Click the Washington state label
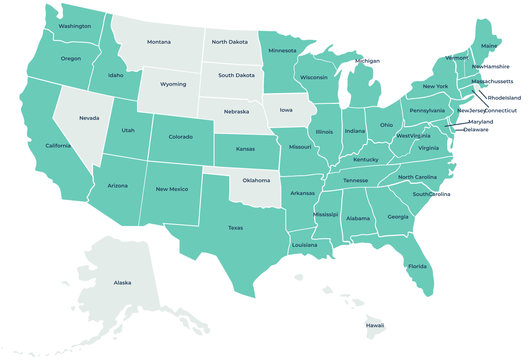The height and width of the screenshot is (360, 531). [75, 26]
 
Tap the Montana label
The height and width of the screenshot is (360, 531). [159, 42]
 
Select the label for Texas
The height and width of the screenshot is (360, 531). [236, 228]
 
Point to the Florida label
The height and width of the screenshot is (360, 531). [417, 267]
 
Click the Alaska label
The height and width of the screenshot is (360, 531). [122, 283]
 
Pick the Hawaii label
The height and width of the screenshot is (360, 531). [375, 326]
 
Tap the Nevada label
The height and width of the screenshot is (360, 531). [89, 118]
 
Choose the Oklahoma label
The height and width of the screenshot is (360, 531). [257, 180]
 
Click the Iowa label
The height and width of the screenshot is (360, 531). [286, 110]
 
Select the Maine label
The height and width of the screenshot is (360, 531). [489, 46]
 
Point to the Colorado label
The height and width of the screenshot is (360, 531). [181, 137]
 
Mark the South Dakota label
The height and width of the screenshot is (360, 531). [236, 75]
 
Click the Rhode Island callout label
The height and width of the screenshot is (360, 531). [504, 98]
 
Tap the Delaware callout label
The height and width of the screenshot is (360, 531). [475, 129]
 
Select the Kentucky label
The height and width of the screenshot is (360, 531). [366, 160]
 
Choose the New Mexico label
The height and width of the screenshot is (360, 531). [172, 189]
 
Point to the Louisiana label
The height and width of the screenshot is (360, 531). [305, 245]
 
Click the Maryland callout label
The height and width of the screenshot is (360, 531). [480, 122]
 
